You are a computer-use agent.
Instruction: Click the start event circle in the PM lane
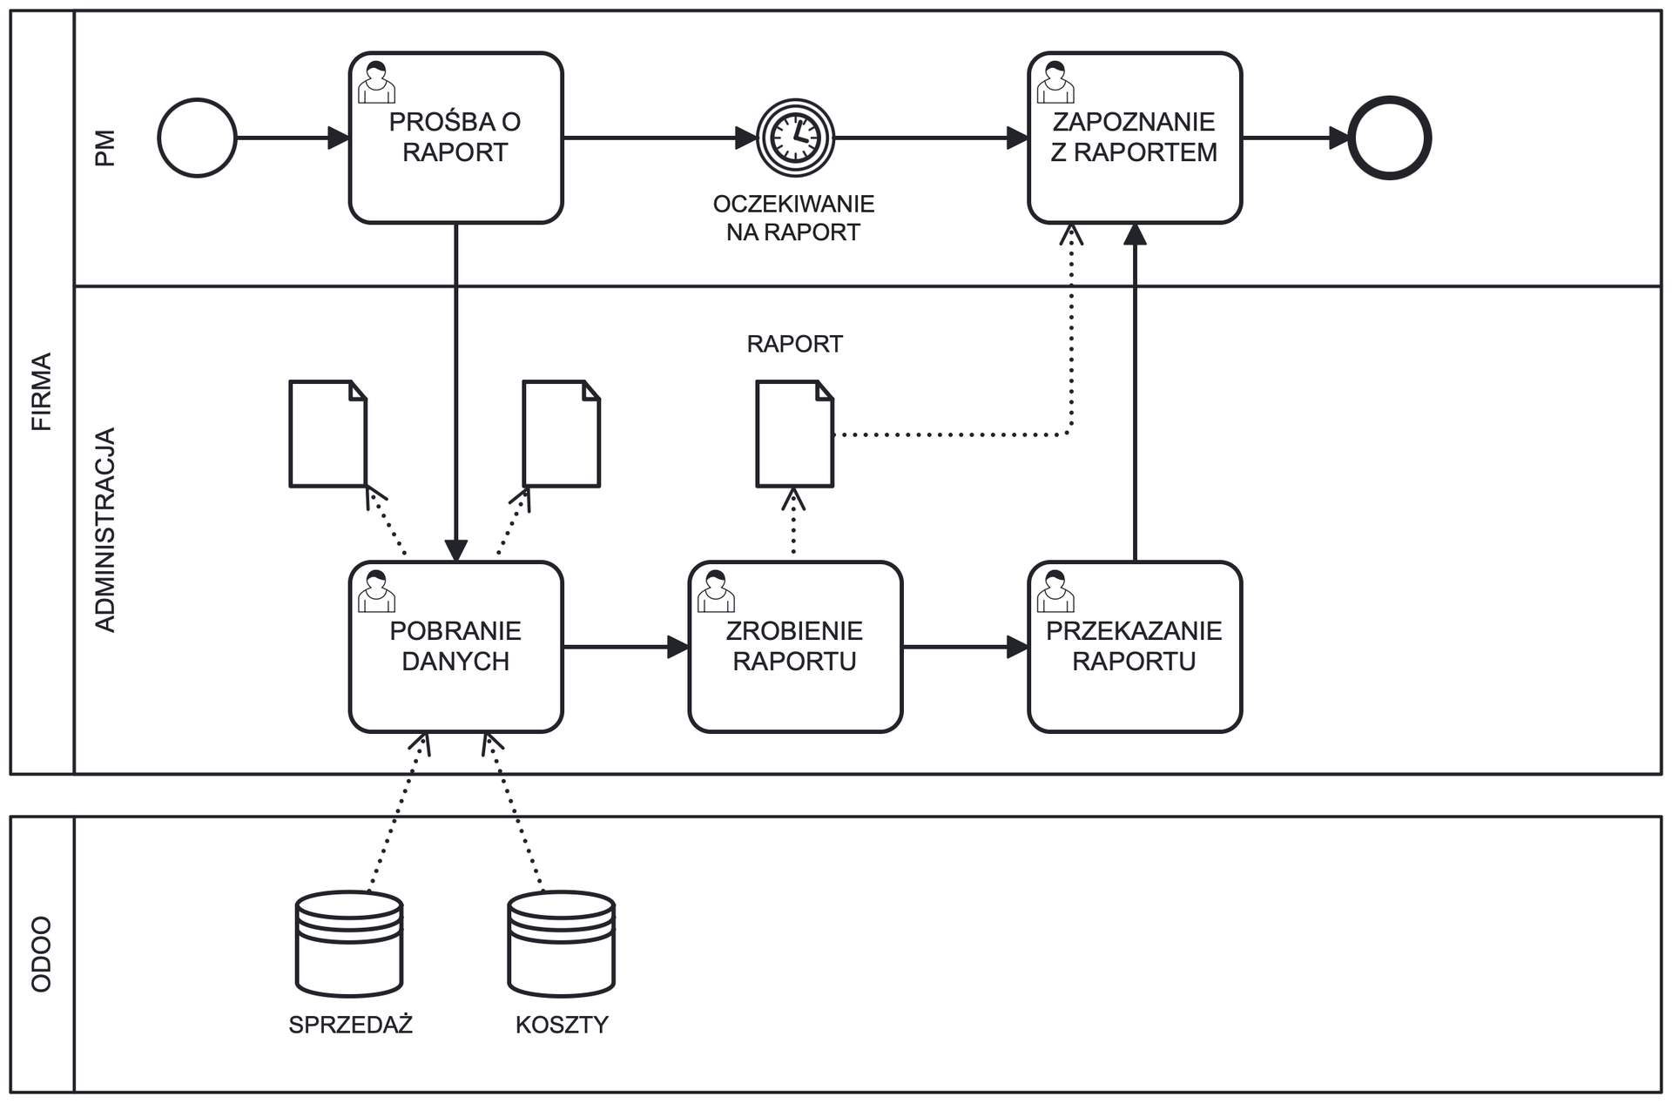(197, 138)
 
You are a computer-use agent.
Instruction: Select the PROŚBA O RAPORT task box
(455, 138)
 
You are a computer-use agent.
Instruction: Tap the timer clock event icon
(795, 138)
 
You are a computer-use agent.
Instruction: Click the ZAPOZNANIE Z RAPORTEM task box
(1134, 138)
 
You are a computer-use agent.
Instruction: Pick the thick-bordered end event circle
(1389, 138)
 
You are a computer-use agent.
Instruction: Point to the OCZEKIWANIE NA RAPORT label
(793, 218)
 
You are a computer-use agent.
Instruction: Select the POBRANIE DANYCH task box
(455, 647)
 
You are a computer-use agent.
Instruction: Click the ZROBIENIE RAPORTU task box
(794, 647)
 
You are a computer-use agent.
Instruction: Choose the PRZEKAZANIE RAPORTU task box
(1134, 647)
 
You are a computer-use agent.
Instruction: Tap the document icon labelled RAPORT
(794, 434)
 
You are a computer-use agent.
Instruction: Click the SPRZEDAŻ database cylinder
(349, 944)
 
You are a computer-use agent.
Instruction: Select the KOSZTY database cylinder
(562, 944)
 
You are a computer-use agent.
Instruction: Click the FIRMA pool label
(42, 392)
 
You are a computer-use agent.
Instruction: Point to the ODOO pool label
(42, 954)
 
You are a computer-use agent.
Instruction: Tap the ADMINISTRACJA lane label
(104, 529)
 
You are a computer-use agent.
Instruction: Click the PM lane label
(104, 148)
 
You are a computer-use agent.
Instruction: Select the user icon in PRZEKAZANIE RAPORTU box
(1055, 591)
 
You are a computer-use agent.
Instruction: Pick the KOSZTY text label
(562, 1025)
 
